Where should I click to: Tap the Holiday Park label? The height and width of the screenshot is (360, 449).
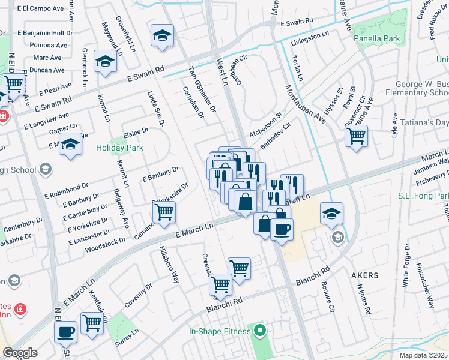(117, 146)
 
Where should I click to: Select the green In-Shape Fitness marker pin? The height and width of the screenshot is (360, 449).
(259, 329)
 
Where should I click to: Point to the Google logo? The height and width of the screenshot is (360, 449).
(20, 353)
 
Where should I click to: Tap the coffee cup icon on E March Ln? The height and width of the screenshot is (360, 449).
(282, 229)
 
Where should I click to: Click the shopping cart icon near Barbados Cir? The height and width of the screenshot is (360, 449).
(356, 136)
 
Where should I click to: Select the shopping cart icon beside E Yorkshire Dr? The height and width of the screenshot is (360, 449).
(163, 211)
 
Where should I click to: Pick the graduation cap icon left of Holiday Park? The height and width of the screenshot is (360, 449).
(71, 144)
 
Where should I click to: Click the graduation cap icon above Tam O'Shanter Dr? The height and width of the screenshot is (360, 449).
(162, 36)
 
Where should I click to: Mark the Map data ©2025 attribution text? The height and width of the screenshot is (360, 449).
(423, 355)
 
